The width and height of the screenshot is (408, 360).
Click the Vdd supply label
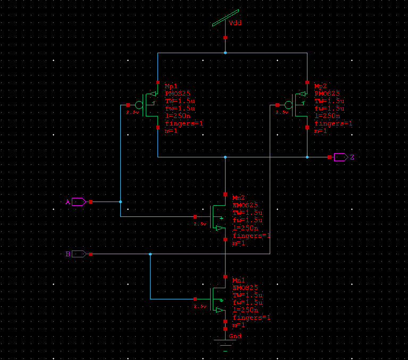point(235,23)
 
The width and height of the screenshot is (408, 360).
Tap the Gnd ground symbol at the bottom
point(226,340)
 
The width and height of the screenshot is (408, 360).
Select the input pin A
point(78,202)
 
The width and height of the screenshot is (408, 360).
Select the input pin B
point(78,254)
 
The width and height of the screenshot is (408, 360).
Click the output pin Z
point(341,157)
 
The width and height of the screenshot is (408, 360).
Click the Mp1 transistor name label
point(171,86)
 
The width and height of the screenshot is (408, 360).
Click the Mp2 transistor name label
point(321,86)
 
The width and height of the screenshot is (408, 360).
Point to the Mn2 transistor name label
point(239,197)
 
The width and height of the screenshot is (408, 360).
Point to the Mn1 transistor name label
point(239,280)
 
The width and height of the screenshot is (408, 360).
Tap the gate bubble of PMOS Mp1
point(139,105)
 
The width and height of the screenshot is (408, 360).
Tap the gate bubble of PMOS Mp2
point(288,105)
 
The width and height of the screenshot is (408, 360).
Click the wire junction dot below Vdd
point(226,53)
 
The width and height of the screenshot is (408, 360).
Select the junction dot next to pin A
point(121,202)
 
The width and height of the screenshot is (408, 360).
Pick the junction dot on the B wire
point(151,254)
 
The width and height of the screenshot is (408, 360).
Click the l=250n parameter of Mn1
point(245,309)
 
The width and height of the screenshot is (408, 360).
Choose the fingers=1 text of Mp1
point(184,123)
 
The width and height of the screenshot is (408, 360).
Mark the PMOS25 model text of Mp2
point(327,94)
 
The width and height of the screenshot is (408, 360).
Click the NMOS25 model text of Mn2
point(245,205)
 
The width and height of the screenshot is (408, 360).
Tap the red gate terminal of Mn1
point(195,299)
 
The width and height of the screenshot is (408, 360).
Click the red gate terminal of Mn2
point(195,216)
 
